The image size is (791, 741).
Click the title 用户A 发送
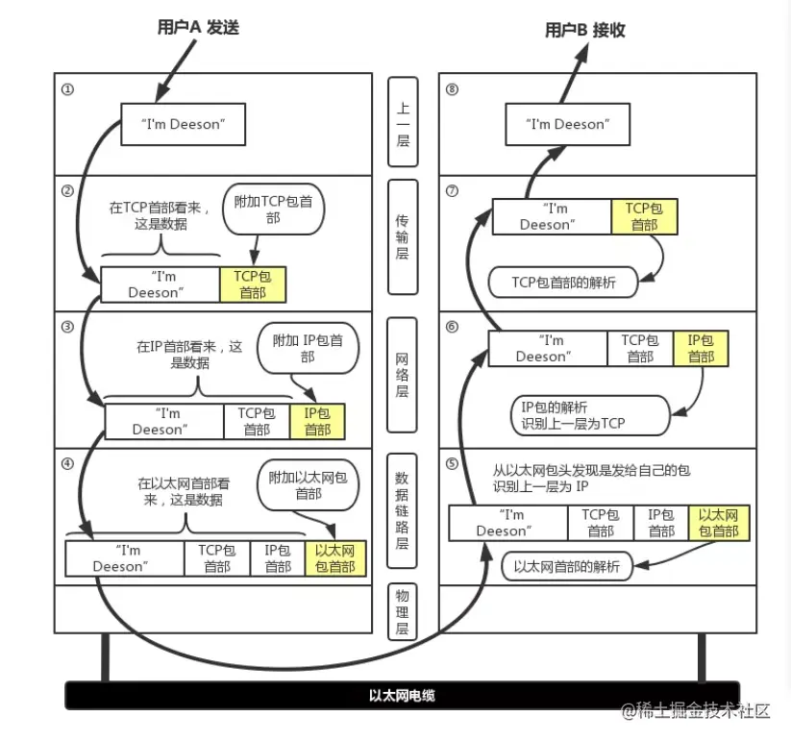[x=197, y=28]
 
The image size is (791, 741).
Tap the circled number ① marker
[x=67, y=89]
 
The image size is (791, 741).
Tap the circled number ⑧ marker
[x=453, y=89]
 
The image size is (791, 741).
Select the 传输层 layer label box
[x=403, y=236]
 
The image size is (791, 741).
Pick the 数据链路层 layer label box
[x=403, y=510]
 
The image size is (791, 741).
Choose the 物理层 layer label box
[x=403, y=610]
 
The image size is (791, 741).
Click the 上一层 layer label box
[x=403, y=124]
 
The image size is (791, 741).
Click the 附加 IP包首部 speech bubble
[x=308, y=348]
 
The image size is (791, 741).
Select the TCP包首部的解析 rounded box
[x=563, y=282]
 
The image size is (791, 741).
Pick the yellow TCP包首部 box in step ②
[x=253, y=284]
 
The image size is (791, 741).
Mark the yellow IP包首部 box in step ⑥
[x=701, y=348]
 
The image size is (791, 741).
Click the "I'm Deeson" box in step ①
[x=183, y=124]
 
